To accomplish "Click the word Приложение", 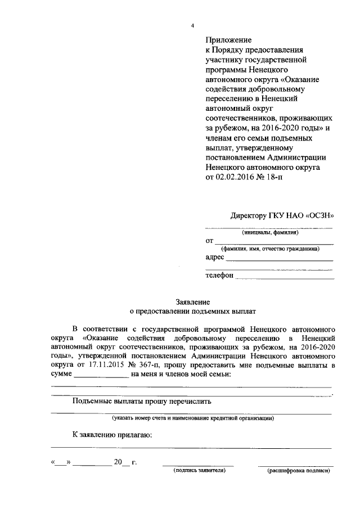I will (228, 40).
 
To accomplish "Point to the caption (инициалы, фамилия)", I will (270, 232).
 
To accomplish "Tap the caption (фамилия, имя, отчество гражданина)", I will (271, 249).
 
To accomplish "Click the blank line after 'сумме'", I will (101, 376).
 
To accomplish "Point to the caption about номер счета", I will (192, 418).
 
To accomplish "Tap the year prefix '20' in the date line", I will (118, 463).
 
